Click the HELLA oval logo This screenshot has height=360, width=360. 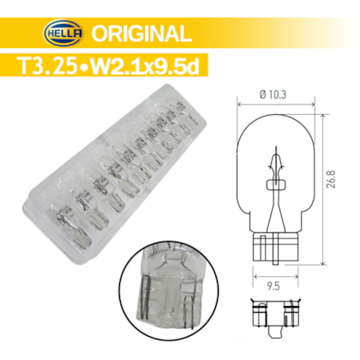63,33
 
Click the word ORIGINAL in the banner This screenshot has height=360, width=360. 141,33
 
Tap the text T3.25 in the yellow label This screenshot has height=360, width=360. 47,66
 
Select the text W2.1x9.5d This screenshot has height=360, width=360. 145,66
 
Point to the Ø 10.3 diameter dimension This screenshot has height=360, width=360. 273,94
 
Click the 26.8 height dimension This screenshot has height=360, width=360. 332,179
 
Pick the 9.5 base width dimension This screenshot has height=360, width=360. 273,286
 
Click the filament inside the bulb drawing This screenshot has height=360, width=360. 276,165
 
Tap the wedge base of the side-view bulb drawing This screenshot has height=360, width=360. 275,248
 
